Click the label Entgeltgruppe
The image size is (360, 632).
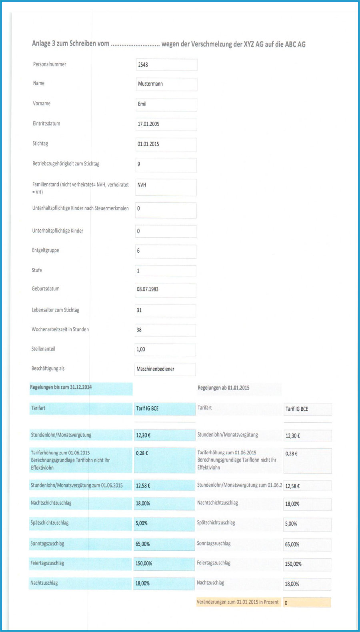click(x=46, y=251)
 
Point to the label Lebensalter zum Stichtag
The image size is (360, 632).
click(x=56, y=310)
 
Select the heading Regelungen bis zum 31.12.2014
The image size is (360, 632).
click(x=61, y=387)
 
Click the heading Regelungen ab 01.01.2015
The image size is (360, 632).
click(x=223, y=388)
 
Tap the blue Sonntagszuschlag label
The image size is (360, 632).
click(x=47, y=544)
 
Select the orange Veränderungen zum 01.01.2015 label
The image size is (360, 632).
click(x=238, y=602)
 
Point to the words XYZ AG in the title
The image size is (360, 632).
click(x=254, y=44)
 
